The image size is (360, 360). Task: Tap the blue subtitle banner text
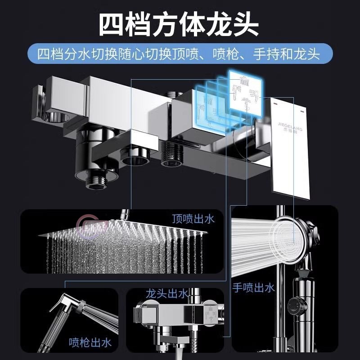coord(180,54)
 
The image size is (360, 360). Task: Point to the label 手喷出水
coord(253,288)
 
